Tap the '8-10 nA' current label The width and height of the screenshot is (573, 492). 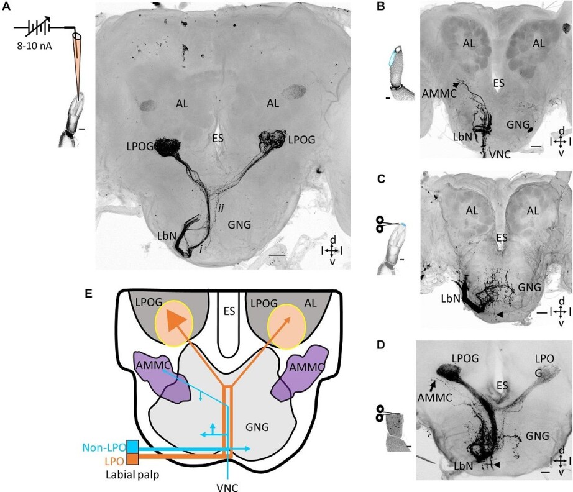(30, 45)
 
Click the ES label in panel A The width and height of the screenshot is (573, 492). (218, 137)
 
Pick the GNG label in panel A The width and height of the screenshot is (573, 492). (239, 225)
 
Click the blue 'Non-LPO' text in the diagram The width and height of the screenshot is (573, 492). (103, 447)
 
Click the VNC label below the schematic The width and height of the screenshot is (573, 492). (229, 486)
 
